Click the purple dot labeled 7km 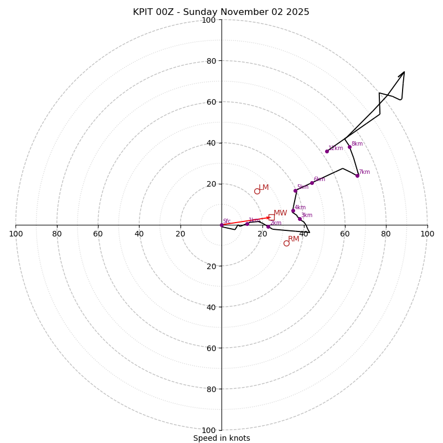[x=357, y=176]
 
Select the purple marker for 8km [x=349, y=147]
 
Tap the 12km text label [x=336, y=148]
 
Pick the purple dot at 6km [x=312, y=183]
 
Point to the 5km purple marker [x=295, y=190]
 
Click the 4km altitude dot [x=293, y=211]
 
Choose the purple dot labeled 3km [x=300, y=219]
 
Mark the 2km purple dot [x=268, y=226]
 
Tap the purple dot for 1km [x=247, y=224]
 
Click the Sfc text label [x=226, y=221]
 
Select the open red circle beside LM [x=257, y=191]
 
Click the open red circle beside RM [x=286, y=243]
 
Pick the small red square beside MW [x=271, y=217]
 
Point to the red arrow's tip [x=270, y=218]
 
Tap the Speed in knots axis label [x=221, y=438]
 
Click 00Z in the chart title [x=168, y=12]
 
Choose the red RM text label [x=293, y=239]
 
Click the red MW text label [x=280, y=213]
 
